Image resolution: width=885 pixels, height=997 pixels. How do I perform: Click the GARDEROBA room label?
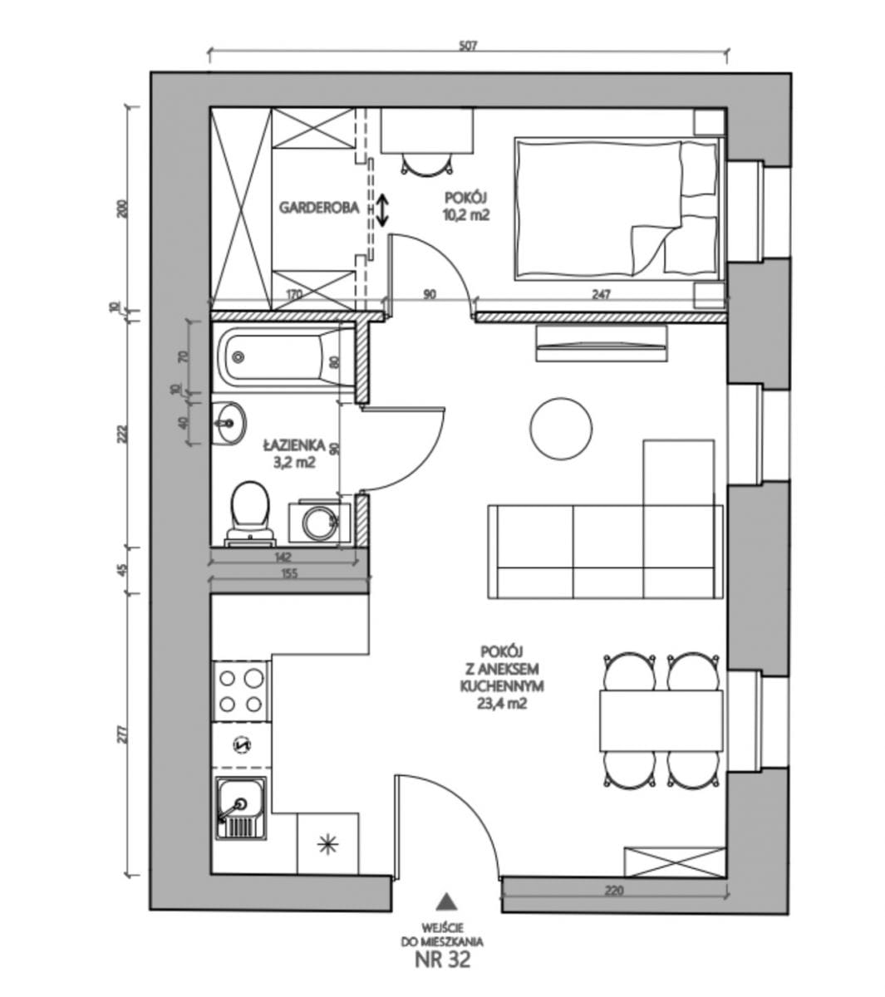click(319, 208)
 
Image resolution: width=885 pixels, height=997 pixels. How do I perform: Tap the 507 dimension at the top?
click(467, 47)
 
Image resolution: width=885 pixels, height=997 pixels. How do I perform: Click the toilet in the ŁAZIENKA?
click(249, 508)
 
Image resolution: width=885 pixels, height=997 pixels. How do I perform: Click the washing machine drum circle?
click(319, 523)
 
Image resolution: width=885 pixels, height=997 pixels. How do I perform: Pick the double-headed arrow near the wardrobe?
click(382, 209)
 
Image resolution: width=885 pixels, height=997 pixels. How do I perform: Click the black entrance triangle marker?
click(447, 901)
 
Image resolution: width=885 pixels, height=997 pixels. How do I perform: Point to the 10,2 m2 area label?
click(466, 215)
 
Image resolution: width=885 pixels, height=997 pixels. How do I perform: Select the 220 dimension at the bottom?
click(613, 891)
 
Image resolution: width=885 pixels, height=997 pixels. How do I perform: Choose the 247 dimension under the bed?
click(602, 294)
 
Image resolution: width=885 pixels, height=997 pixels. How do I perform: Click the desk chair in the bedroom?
click(427, 164)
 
